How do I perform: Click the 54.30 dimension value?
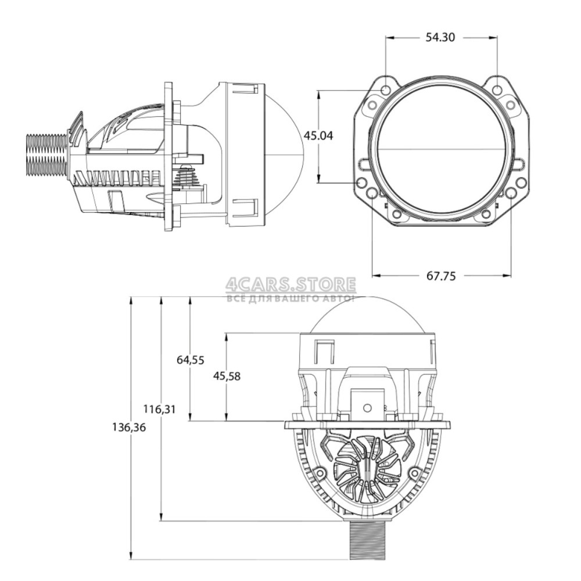click(440, 37)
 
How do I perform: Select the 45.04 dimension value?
click(318, 136)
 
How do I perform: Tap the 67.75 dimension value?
click(442, 275)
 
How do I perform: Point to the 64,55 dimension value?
click(190, 360)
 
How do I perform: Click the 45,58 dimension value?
click(227, 376)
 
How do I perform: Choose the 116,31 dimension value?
click(159, 410)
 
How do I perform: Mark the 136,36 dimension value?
click(129, 428)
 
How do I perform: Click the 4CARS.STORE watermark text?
click(291, 285)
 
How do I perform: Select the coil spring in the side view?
click(189, 176)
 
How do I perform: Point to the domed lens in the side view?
click(285, 154)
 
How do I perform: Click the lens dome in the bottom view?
click(368, 314)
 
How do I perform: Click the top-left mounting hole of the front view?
click(386, 89)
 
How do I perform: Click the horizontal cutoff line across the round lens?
click(442, 149)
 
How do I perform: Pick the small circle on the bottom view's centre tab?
click(367, 408)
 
